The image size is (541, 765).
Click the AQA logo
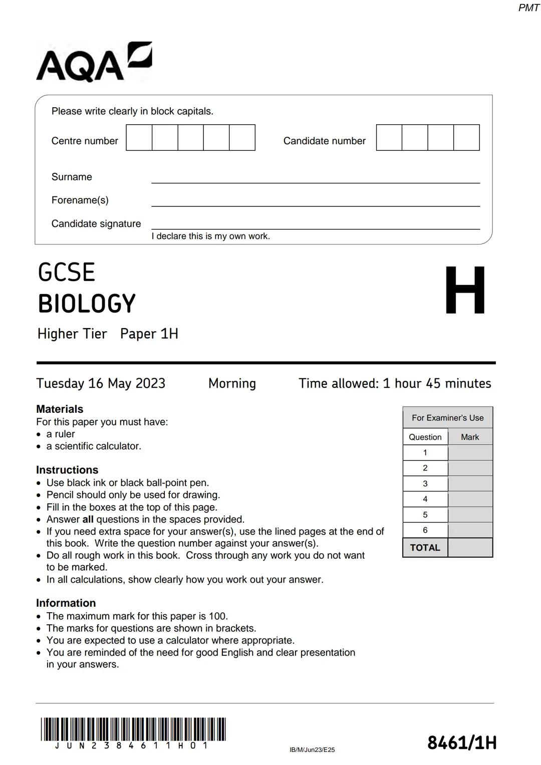pos(94,63)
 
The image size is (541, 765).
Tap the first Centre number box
pos(139,138)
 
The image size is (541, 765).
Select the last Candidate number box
pos(466,138)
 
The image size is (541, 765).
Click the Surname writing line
pos(316,178)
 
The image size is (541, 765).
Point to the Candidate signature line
pos(316,225)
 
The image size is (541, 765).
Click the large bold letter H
pos(465,291)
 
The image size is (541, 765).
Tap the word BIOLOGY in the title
pos(87,304)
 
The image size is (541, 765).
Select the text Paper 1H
pos(149,334)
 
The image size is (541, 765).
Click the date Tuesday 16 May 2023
pos(101,383)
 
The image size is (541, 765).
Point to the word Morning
pos(232,383)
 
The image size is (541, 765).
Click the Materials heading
pos(60,409)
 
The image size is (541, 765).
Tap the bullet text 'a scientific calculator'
pos(94,446)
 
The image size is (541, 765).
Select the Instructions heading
pos(67,470)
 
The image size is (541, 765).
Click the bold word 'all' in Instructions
pos(88,520)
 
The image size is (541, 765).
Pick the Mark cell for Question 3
pos(470,483)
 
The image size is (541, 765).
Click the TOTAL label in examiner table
pos(425,548)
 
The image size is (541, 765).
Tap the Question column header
pos(425,437)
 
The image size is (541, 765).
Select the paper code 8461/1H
pos(461,742)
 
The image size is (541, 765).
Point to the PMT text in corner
pos(528,8)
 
